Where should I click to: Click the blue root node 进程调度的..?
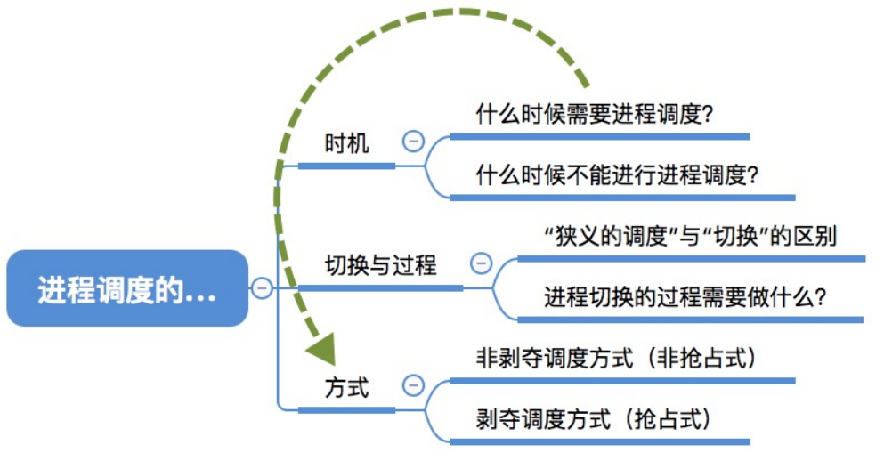click(x=127, y=288)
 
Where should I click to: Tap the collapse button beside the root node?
click(x=262, y=288)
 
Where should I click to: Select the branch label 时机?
click(x=346, y=143)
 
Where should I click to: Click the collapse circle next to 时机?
click(x=413, y=141)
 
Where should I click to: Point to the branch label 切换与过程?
click(x=380, y=265)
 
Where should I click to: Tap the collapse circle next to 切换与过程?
click(x=481, y=263)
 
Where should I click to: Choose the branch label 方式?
click(x=346, y=388)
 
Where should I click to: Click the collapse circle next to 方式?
click(x=413, y=385)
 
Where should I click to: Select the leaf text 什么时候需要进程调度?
click(x=595, y=115)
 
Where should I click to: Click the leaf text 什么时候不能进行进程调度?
click(x=617, y=175)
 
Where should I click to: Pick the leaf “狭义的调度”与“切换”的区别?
click(x=690, y=236)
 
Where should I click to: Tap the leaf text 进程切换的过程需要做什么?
click(x=685, y=297)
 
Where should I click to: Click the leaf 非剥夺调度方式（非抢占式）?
click(x=617, y=359)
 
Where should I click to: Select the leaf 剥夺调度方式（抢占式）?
click(x=594, y=419)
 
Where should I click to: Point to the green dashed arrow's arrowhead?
click(x=323, y=349)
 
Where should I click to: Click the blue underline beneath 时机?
click(x=346, y=166)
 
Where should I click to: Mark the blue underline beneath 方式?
click(x=346, y=410)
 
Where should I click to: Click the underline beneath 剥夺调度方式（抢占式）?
click(x=600, y=441)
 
